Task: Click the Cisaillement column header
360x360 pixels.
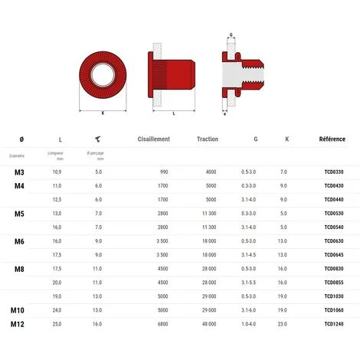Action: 153,139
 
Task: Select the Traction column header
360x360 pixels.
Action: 207,139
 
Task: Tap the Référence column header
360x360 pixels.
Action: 332,139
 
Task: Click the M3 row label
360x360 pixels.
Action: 20,172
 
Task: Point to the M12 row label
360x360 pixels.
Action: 18,324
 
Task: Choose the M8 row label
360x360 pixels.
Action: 20,269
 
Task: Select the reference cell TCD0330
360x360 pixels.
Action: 334,172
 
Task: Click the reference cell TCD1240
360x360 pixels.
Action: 334,324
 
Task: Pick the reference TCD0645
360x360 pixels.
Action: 334,255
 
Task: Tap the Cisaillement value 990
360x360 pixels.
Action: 163,172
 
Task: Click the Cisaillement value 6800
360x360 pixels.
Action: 162,324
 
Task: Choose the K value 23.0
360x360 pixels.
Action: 283,324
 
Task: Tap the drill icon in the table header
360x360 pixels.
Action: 98,139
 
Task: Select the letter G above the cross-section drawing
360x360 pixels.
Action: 231,35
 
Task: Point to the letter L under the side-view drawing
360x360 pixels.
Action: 174,113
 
